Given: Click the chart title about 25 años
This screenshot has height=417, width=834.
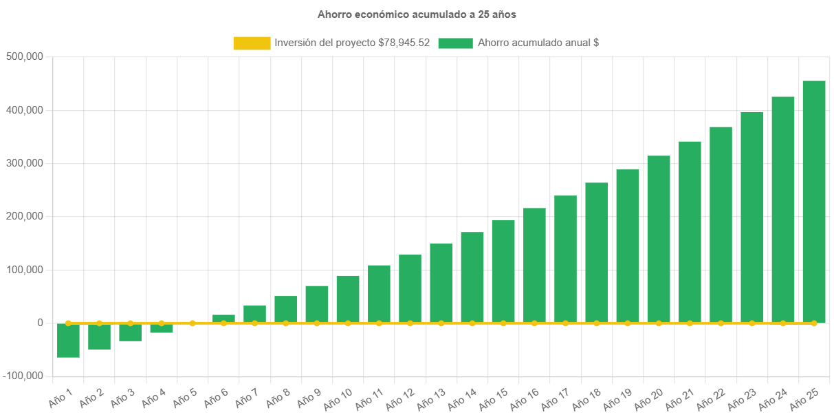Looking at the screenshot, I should [417, 14].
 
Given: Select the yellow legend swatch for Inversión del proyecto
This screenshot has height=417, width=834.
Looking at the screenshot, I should [252, 43].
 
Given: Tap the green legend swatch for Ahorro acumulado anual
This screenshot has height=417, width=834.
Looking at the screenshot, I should [455, 43].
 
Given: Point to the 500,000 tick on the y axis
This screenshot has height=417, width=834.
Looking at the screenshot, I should [25, 56].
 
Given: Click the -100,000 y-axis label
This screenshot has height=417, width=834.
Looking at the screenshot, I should [23, 376].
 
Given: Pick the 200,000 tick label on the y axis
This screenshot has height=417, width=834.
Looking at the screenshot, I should [25, 216].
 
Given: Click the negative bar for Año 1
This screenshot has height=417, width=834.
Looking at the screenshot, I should [68, 340].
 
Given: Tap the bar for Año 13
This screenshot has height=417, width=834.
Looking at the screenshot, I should [441, 283].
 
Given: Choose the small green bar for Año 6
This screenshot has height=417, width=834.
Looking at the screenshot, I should [223, 319].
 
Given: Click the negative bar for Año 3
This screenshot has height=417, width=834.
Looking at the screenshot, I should [130, 332].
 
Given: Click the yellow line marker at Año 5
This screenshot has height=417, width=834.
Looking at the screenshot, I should [193, 323].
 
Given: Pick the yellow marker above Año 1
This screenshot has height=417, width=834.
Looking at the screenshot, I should [68, 323].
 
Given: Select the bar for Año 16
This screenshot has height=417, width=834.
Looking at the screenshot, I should [534, 265].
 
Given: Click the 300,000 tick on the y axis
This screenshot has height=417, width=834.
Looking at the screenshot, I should [25, 163].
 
